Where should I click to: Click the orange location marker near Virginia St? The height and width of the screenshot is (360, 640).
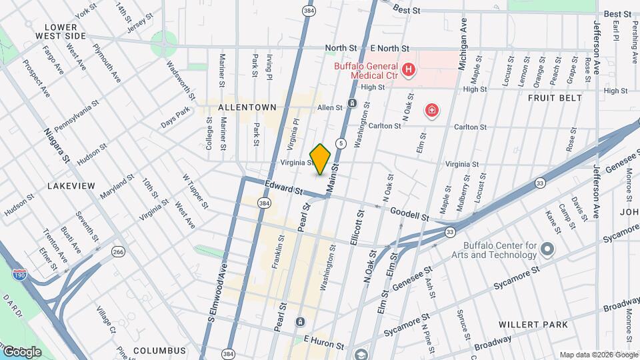(x=321, y=159)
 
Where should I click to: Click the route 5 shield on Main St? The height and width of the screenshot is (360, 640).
(x=341, y=143)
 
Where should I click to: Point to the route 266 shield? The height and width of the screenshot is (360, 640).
(x=119, y=251)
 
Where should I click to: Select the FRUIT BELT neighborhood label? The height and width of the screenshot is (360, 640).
(x=555, y=98)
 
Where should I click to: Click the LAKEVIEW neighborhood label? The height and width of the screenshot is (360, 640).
(x=71, y=185)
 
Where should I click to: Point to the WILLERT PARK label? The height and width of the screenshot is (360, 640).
(x=533, y=325)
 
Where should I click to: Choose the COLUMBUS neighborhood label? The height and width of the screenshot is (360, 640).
(x=159, y=350)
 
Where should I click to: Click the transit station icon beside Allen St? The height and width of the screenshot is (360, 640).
(x=352, y=103)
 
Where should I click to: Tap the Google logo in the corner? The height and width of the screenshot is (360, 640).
(x=21, y=351)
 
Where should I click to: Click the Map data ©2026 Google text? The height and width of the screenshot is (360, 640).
(x=597, y=355)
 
